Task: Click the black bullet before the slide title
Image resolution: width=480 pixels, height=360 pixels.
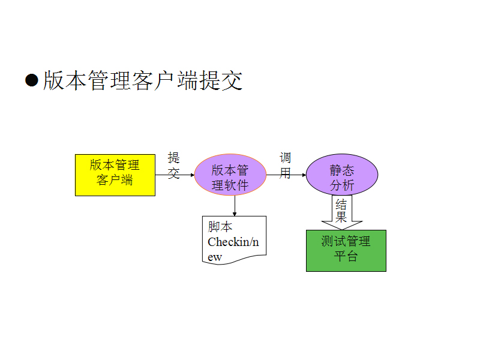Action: tap(32, 80)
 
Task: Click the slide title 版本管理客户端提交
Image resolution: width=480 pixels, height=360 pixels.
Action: tap(142, 81)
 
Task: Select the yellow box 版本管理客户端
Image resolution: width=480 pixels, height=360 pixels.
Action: tap(115, 175)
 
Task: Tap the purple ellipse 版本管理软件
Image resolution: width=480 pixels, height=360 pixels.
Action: tap(230, 175)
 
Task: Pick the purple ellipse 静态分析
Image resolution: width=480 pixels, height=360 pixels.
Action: tap(342, 175)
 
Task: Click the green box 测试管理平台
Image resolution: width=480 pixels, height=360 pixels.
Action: tap(346, 250)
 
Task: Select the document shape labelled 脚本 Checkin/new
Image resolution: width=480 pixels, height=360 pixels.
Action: tap(234, 240)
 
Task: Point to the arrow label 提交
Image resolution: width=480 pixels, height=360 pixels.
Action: tap(174, 166)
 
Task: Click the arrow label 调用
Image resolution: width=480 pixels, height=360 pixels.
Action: tap(286, 166)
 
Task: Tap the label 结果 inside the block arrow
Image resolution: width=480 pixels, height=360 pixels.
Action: tap(341, 209)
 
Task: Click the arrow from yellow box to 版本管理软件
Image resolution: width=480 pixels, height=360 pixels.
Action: tap(175, 175)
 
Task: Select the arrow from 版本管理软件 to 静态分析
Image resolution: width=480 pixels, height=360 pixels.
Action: tap(286, 175)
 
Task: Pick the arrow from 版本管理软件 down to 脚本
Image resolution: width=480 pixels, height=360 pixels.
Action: tap(234, 206)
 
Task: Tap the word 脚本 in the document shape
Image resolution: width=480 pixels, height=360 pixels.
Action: tap(220, 227)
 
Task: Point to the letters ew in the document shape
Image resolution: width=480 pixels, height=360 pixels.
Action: tap(215, 257)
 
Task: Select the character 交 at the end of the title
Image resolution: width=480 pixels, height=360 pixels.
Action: tap(232, 81)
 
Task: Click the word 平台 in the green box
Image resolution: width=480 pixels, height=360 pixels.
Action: tap(346, 257)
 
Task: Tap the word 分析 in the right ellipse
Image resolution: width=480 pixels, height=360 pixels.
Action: tap(342, 185)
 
